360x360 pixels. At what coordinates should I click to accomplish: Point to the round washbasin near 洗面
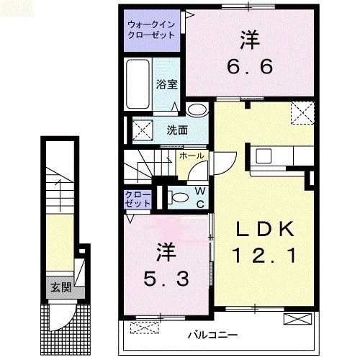(x=196, y=110)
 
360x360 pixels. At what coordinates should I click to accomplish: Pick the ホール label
(x=191, y=156)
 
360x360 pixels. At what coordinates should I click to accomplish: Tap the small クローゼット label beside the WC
(x=138, y=199)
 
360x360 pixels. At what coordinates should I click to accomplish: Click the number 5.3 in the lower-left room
(x=163, y=278)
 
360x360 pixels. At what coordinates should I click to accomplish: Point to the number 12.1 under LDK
(x=264, y=254)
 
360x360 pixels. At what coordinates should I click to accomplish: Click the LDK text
(x=264, y=229)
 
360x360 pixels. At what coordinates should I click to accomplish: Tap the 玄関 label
(x=60, y=288)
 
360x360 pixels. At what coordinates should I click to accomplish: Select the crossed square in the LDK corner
(x=301, y=112)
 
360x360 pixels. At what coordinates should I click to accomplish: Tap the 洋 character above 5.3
(x=163, y=252)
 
